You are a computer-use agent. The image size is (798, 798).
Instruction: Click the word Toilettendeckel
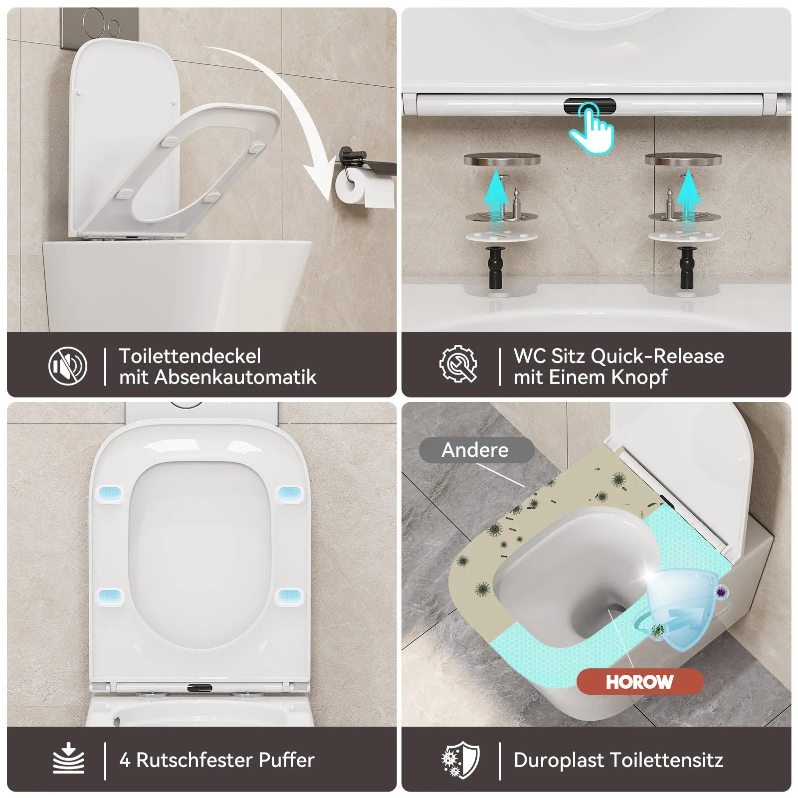pos(190,356)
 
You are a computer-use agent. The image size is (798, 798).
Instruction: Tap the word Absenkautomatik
pos(235,377)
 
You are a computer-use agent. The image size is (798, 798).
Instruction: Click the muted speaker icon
pos(68,366)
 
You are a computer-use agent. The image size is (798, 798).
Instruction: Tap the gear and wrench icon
pos(458,365)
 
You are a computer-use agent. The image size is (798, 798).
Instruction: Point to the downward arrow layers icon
pos(68,759)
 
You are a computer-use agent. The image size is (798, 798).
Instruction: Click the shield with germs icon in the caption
pos(460,760)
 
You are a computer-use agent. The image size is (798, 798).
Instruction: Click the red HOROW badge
pos(640,682)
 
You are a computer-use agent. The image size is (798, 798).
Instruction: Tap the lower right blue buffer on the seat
pos(289,597)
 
